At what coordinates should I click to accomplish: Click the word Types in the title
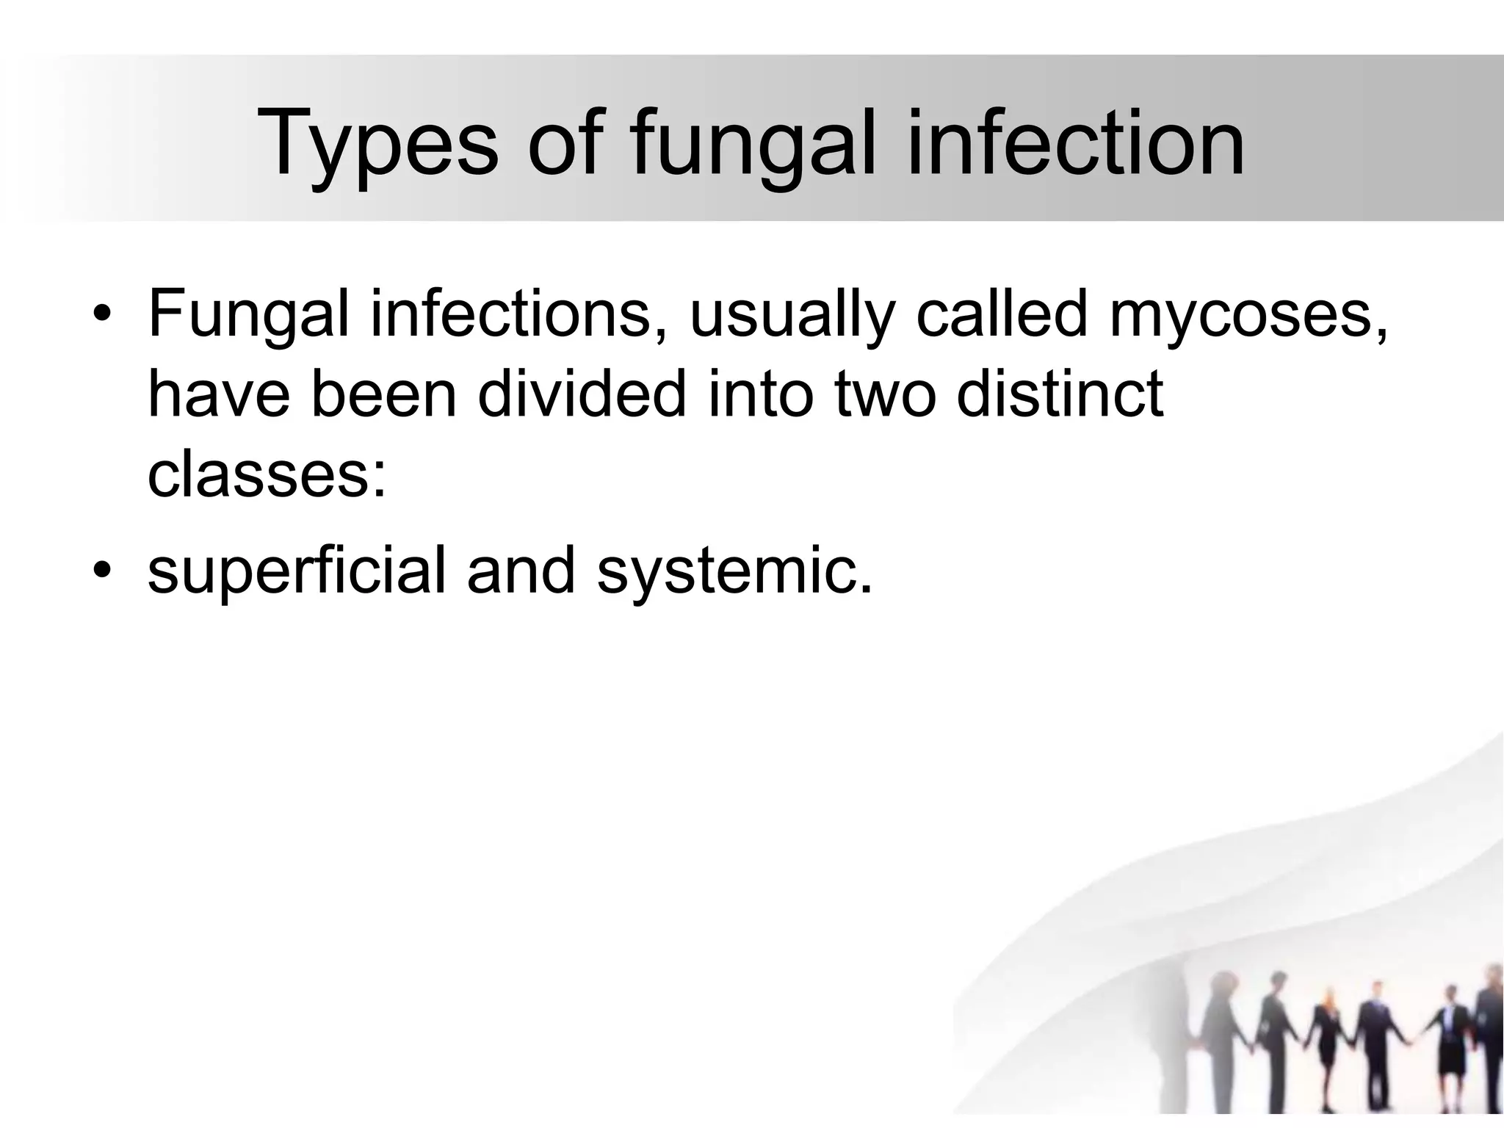click(377, 145)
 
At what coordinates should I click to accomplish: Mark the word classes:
click(267, 476)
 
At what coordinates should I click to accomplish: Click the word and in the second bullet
click(521, 571)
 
